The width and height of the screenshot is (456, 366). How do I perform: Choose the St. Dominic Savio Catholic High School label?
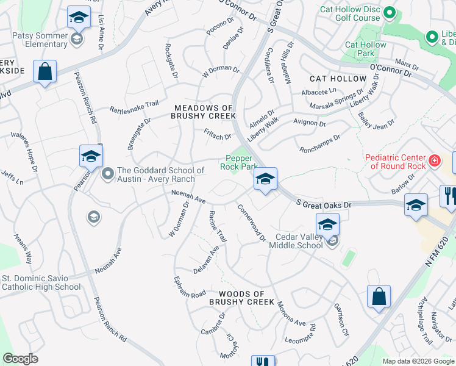(x=41, y=282)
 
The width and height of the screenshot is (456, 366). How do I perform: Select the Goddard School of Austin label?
(x=157, y=174)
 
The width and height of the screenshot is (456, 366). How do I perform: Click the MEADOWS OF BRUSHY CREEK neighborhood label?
(x=203, y=112)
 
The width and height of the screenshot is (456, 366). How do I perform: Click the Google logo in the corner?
(x=20, y=359)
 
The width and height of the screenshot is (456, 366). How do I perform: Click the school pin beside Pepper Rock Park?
(x=265, y=179)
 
